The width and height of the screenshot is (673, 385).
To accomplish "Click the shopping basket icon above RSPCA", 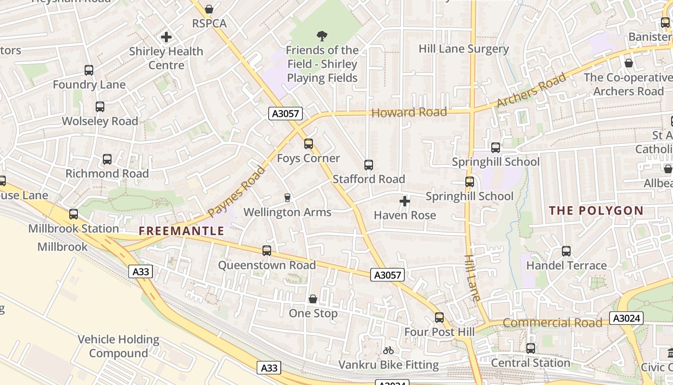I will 209,9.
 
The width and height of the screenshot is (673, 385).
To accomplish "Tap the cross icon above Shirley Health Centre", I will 166,37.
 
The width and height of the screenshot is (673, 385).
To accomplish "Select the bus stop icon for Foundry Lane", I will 89,70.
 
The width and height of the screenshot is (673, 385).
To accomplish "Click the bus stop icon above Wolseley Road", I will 100,107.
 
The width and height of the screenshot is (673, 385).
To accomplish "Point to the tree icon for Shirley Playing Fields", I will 322,36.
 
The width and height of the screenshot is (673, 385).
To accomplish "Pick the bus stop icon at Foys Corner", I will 309,144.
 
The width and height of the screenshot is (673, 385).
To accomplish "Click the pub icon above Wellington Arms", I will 287,198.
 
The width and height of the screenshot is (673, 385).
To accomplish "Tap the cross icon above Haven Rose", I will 405,201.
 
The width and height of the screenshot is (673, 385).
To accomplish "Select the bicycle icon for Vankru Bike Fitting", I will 388,350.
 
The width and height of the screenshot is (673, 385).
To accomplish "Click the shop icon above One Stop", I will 313,299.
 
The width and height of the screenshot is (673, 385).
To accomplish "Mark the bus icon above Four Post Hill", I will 439,318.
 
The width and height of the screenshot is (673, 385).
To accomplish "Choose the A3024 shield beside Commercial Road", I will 626,318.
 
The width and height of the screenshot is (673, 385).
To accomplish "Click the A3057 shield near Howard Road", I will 286,114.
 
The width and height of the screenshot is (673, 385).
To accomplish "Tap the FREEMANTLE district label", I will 182,231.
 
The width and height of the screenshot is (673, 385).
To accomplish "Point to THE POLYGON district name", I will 596,210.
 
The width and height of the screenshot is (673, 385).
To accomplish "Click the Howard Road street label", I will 409,113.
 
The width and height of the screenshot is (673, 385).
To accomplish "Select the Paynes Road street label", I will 237,192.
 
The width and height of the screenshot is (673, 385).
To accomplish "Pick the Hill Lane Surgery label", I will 463,49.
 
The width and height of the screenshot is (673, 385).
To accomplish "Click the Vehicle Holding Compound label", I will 118,346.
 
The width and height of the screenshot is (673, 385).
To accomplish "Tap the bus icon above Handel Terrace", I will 566,251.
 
